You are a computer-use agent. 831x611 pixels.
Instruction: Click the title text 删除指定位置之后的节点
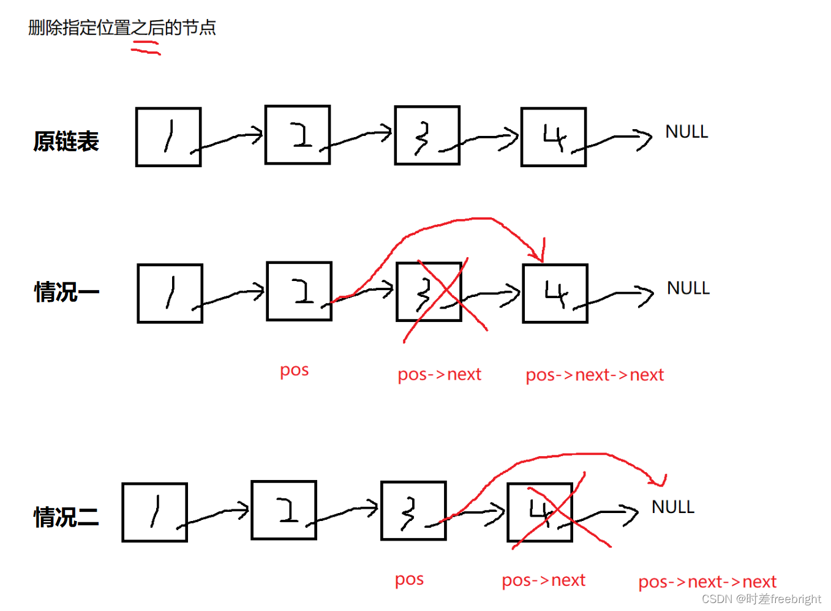tap(122, 28)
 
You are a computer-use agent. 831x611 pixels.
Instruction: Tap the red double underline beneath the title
tap(146, 48)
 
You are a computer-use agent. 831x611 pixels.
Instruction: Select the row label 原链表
tap(66, 141)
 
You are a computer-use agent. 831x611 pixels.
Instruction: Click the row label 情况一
tap(66, 292)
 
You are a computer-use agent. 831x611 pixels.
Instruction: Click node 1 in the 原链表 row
tap(168, 137)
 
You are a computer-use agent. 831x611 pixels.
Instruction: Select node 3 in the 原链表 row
tap(427, 135)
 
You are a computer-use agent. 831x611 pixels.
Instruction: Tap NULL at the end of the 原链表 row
tap(686, 132)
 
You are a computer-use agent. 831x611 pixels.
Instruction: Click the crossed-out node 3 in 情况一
tap(429, 292)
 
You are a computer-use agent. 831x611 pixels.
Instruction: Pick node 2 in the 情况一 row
tap(299, 291)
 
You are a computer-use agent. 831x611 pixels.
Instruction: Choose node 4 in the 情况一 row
tap(555, 293)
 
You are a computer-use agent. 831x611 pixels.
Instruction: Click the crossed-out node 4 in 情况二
tap(540, 512)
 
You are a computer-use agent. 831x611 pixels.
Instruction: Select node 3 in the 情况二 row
tap(413, 511)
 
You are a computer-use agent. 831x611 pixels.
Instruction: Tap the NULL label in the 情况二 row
tap(673, 507)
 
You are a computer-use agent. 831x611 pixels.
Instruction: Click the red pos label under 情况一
tap(294, 370)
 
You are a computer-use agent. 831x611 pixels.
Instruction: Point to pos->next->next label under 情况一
tap(595, 375)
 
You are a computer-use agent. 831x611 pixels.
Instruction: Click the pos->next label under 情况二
tap(543, 580)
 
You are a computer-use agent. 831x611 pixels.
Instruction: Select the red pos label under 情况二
tap(409, 579)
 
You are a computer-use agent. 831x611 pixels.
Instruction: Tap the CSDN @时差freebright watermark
tap(761, 599)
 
